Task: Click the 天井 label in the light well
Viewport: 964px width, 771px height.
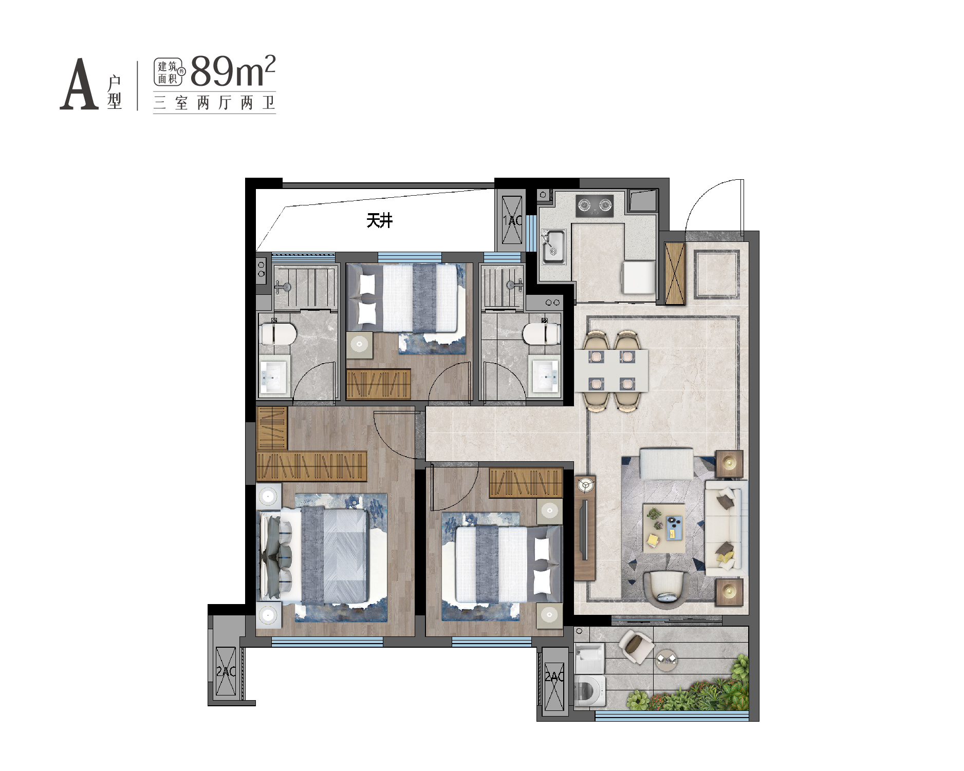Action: tap(379, 221)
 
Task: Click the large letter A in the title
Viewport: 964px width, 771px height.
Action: tap(79, 84)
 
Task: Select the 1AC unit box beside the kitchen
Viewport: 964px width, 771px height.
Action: tap(512, 220)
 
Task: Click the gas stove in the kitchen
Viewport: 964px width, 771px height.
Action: tap(595, 205)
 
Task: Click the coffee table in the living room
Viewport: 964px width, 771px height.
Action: tap(664, 528)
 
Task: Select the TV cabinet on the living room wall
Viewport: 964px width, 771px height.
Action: tap(585, 528)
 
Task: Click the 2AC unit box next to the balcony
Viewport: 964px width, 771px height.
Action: tap(554, 678)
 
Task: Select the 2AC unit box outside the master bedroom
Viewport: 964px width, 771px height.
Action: tap(226, 672)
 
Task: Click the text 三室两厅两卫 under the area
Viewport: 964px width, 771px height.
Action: tap(215, 103)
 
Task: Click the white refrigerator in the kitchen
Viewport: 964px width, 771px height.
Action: tap(639, 277)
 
